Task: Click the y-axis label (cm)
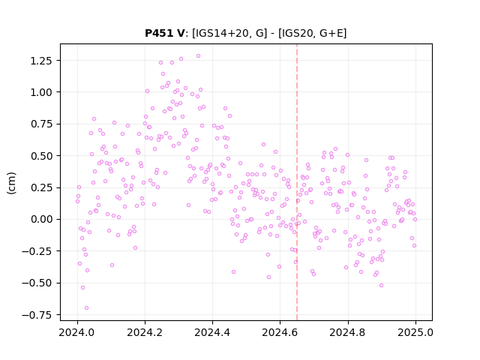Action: pos(11,183)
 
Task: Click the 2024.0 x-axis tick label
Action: pos(77,332)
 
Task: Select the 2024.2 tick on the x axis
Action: pos(145,332)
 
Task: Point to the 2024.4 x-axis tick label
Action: pos(212,332)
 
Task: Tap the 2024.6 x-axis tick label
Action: pos(280,332)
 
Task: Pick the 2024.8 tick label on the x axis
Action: pos(348,332)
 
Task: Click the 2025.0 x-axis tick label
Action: pos(415,332)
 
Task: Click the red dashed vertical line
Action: pos(297,182)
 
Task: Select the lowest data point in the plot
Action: pos(87,308)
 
